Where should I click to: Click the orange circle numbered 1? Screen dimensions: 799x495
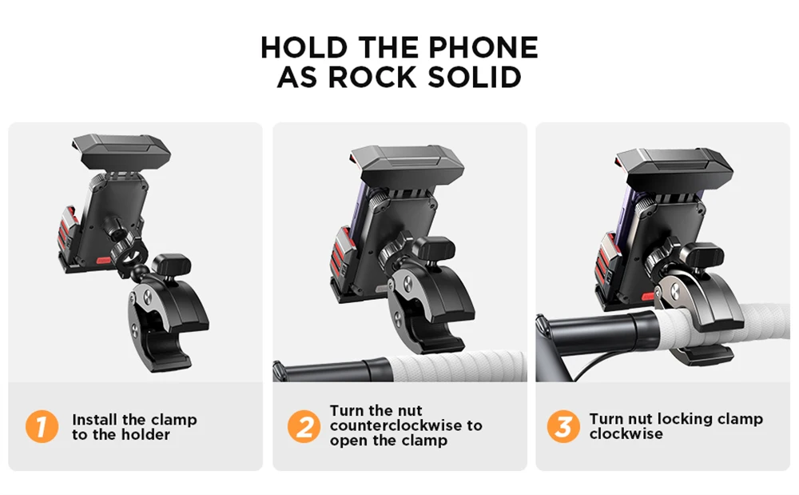coord(42,426)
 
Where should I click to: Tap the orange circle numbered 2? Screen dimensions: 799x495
coord(304,426)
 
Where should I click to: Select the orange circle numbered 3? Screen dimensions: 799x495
coord(563,426)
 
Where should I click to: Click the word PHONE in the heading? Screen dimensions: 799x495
coord(483,47)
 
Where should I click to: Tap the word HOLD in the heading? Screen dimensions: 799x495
coord(304,47)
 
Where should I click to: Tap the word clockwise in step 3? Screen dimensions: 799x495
coord(626,433)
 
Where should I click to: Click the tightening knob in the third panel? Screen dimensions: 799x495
coord(703,255)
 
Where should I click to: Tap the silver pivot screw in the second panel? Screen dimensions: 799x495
coord(408,285)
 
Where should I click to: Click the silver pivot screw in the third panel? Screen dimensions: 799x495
coord(674,292)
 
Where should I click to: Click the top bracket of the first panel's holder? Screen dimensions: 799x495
coord(121,150)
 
